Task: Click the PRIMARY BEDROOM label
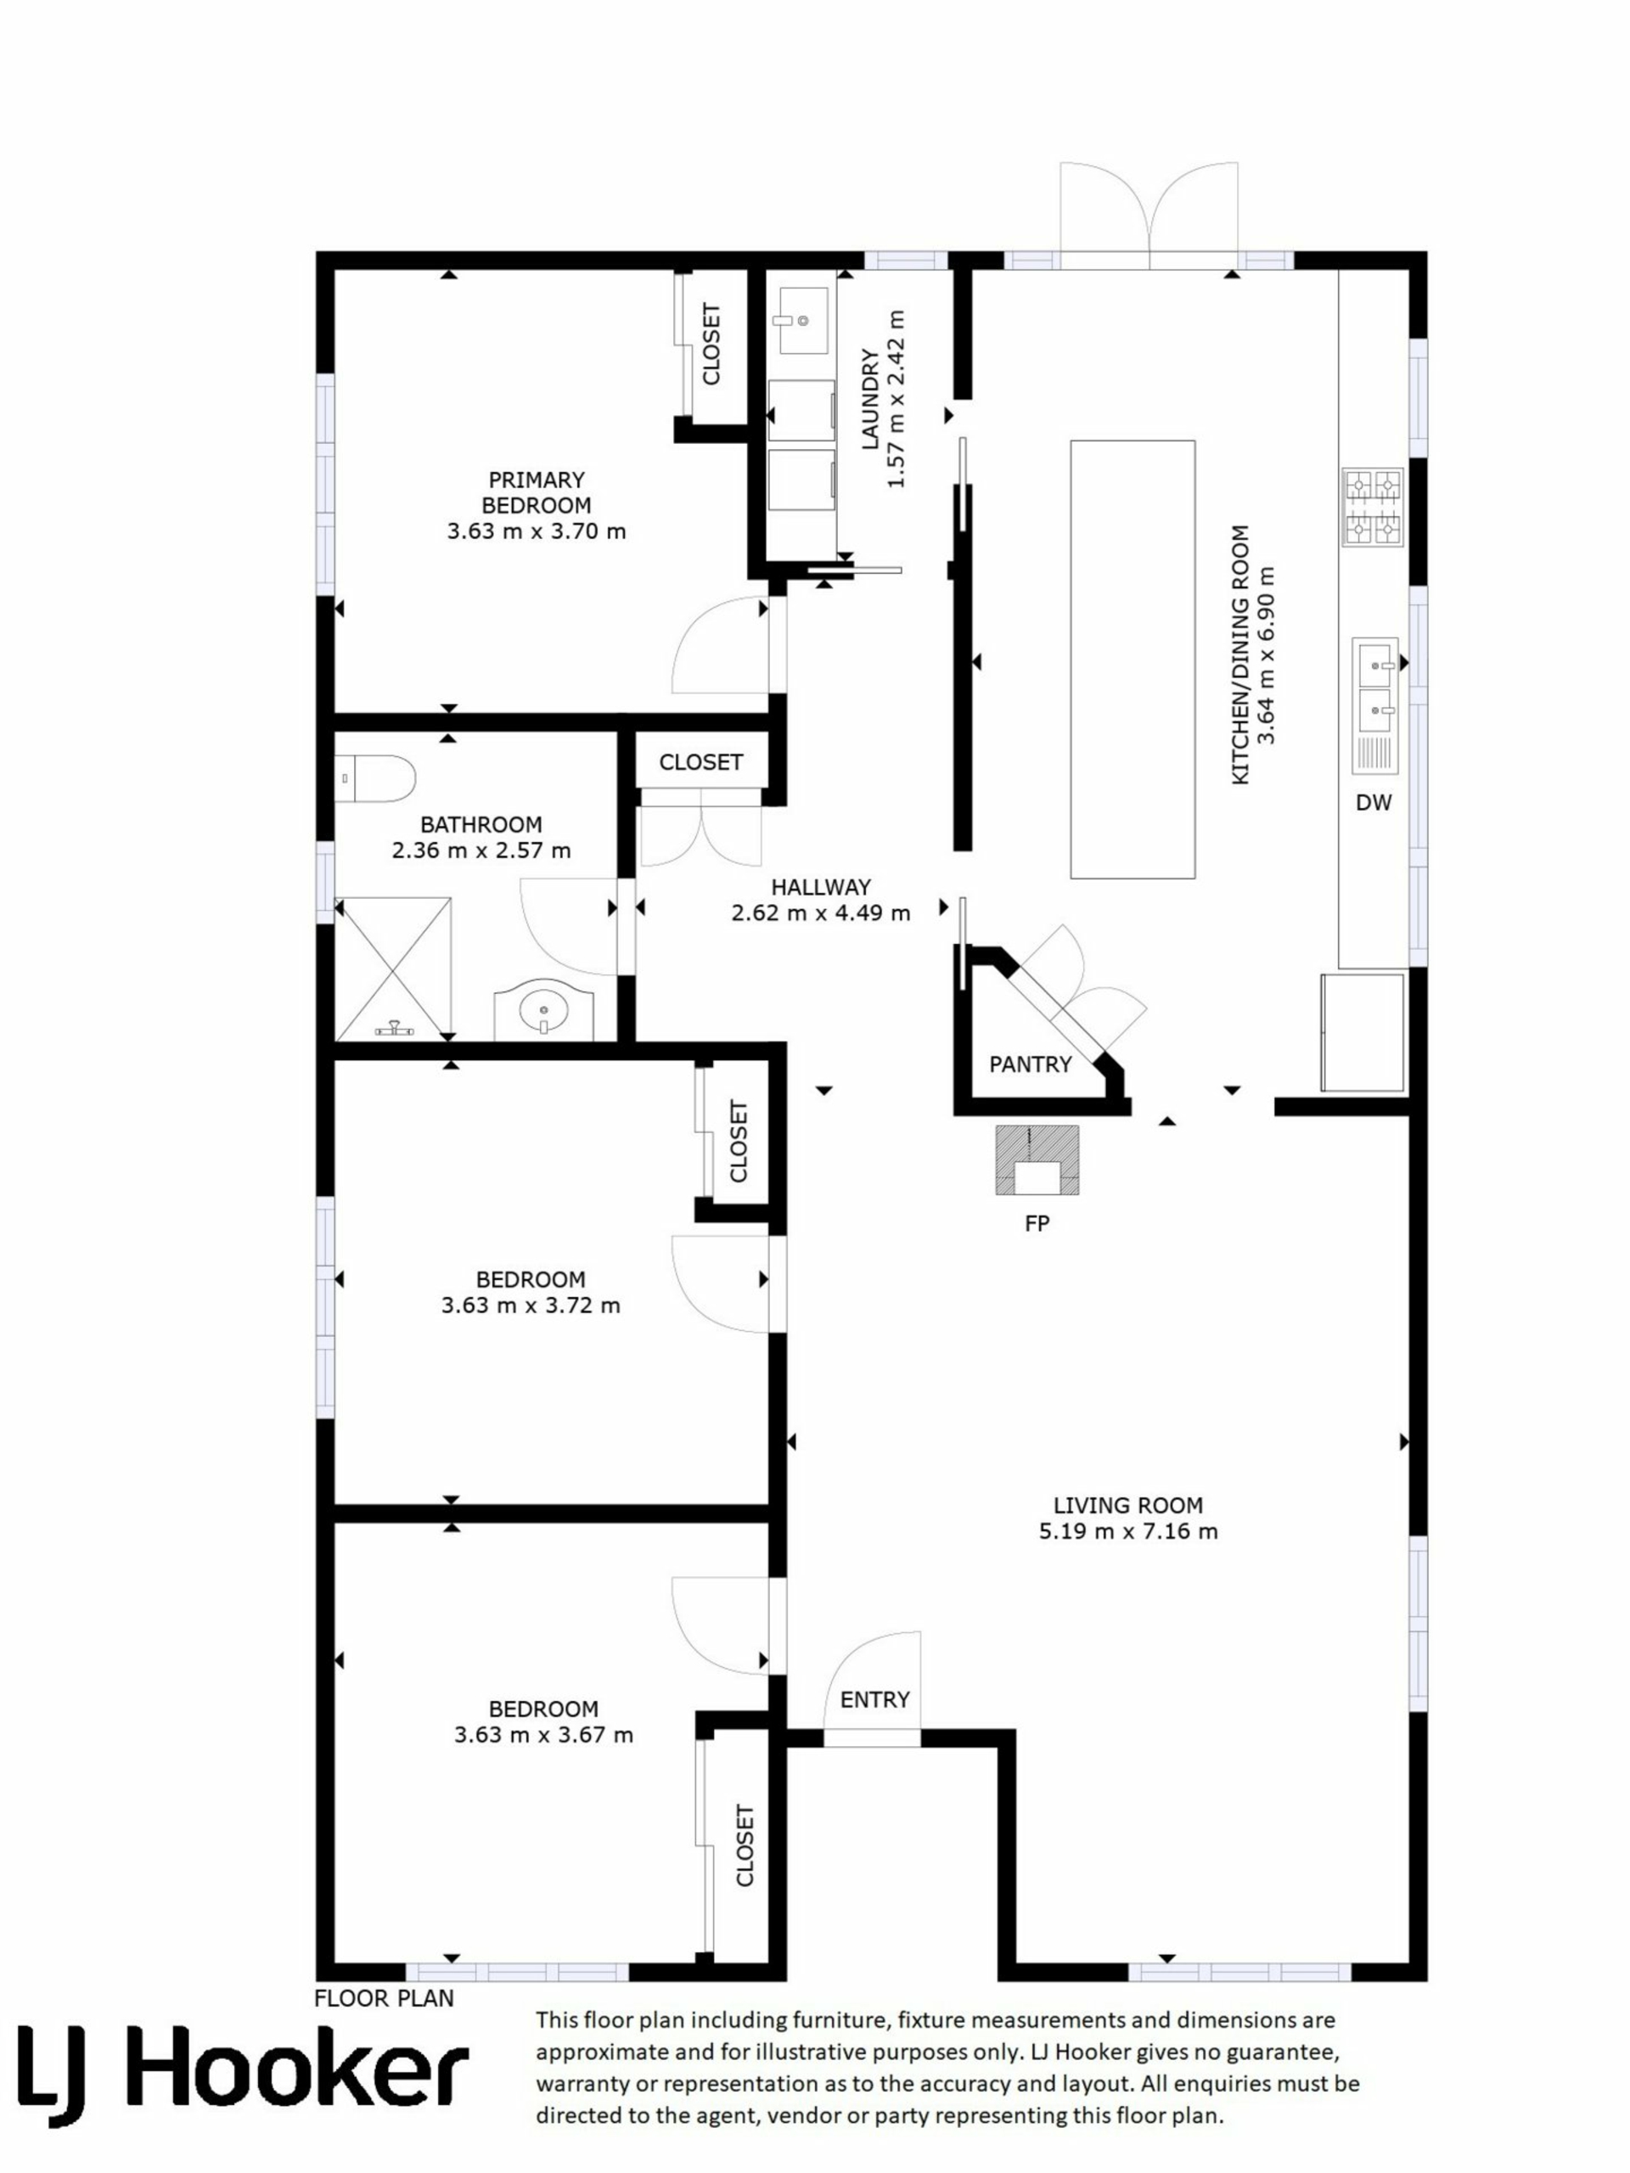[536, 492]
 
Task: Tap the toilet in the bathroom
[374, 778]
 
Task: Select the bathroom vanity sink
[543, 1009]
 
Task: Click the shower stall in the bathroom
[394, 968]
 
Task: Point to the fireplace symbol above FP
[1037, 1159]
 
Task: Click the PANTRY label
[1030, 1064]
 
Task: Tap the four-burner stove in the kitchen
[1373, 507]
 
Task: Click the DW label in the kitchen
[1374, 803]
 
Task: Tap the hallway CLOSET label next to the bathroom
[700, 762]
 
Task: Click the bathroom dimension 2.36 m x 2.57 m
[481, 850]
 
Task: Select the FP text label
[1037, 1223]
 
